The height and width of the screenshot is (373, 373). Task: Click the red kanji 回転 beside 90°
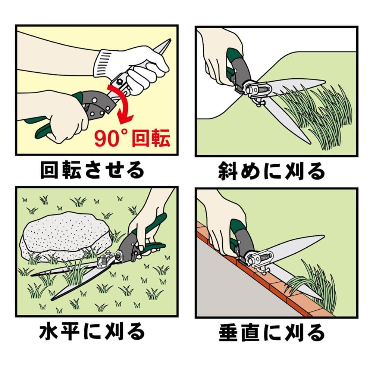click(151, 138)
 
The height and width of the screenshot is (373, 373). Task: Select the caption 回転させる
click(92, 170)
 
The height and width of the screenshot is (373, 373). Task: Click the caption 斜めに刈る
click(272, 170)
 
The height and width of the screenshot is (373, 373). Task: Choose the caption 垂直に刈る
click(272, 332)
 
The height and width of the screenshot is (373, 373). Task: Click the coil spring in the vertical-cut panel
click(266, 258)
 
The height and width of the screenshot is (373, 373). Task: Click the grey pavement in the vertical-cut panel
click(238, 285)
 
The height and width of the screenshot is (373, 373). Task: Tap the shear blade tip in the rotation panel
click(170, 40)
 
